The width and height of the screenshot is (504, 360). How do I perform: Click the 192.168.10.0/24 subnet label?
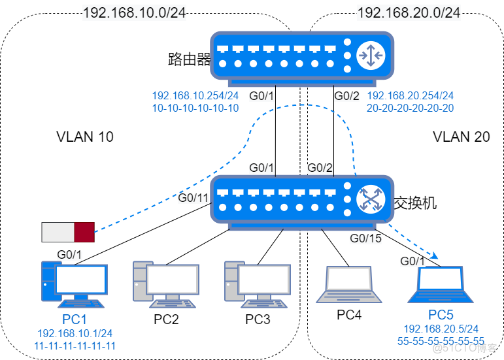(x=134, y=12)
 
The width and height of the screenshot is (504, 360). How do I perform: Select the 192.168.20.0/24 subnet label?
(x=409, y=12)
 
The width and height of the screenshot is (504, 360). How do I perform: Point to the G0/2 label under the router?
(x=346, y=97)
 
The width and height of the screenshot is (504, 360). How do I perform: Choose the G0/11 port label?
(x=193, y=198)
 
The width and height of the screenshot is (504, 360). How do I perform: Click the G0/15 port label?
(x=365, y=238)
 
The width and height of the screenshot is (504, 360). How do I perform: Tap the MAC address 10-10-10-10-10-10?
(x=195, y=108)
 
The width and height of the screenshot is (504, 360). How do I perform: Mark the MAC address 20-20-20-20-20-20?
(x=411, y=108)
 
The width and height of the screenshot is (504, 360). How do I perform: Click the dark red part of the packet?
(x=84, y=232)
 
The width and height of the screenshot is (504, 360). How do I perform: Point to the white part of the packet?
(x=58, y=232)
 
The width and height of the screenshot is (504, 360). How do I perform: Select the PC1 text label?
(x=75, y=320)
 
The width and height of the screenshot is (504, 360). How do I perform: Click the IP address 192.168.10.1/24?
(x=75, y=333)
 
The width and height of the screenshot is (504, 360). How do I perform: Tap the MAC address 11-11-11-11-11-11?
(x=75, y=345)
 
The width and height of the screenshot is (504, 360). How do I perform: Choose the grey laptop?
(x=344, y=284)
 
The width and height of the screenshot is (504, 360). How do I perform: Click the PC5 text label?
(x=441, y=315)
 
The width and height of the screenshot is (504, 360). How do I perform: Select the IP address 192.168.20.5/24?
(x=441, y=329)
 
